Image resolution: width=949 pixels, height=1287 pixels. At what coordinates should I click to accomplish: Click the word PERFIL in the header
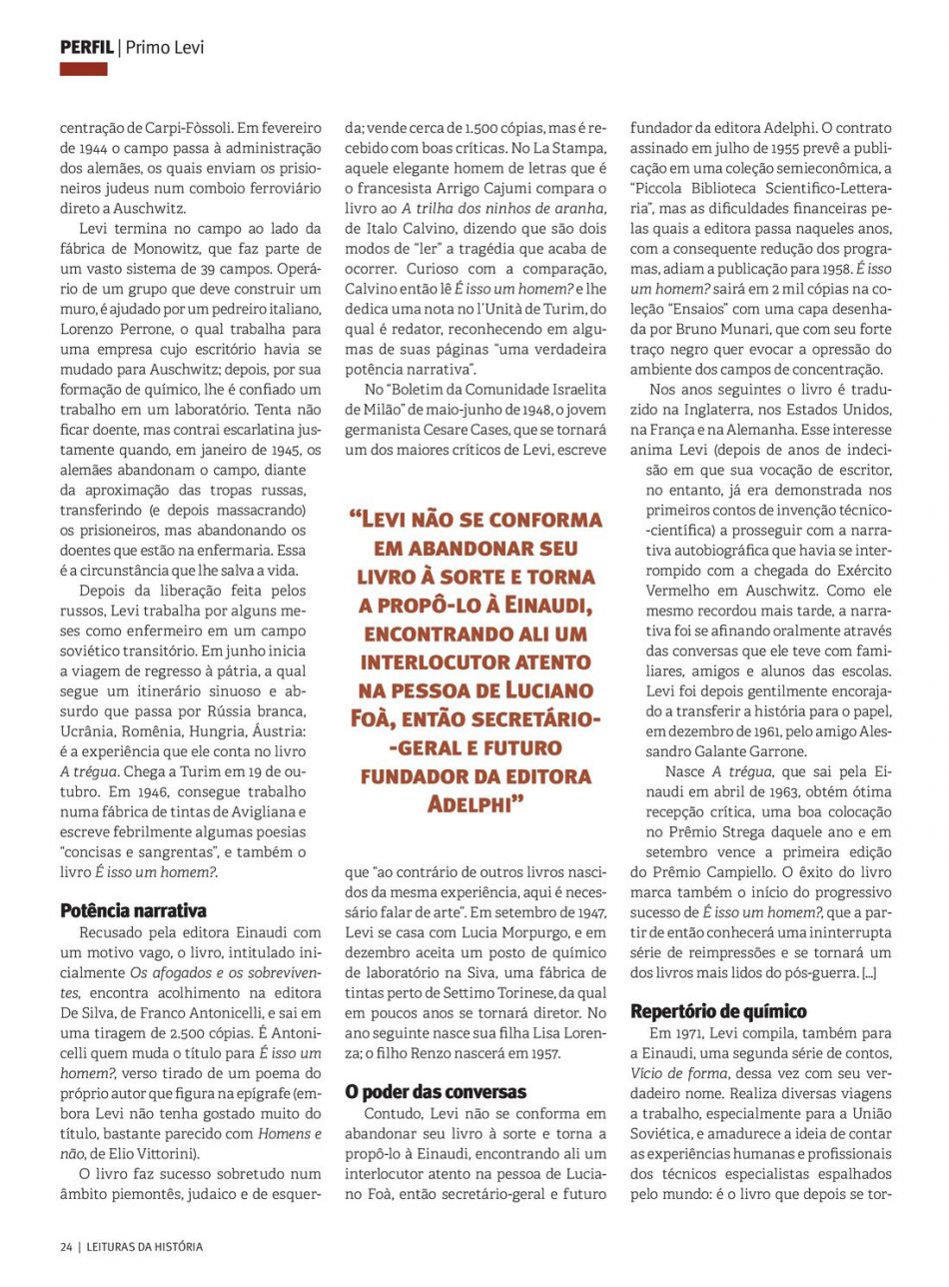86,47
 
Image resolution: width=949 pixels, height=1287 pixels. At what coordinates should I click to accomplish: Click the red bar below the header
83,69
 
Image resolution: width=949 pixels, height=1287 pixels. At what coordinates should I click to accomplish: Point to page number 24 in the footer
66,1246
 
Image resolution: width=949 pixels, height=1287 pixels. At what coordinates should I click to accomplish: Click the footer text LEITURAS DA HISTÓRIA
144,1246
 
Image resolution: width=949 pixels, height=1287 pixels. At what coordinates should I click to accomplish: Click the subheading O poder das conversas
436,1091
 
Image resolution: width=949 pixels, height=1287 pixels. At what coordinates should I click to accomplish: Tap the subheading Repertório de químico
718,1011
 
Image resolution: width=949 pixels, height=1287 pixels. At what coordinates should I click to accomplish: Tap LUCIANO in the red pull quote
555,689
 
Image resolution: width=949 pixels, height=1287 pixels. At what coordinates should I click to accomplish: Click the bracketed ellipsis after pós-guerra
869,971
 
